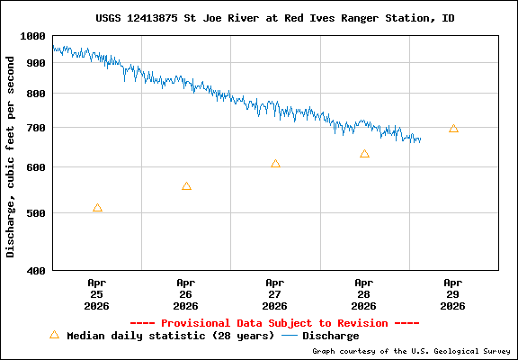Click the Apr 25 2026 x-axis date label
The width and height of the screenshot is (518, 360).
tap(97, 293)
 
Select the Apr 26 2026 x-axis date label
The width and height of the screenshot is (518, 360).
tap(186, 293)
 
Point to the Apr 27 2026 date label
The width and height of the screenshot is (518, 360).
tap(275, 293)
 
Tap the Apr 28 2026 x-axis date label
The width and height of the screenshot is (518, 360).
tap(364, 293)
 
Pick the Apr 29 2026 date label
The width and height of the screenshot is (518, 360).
tap(453, 293)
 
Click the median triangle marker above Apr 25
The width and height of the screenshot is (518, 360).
tap(97, 208)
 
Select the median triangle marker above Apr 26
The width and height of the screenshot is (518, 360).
tap(186, 186)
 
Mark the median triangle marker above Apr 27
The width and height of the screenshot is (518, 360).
tap(275, 164)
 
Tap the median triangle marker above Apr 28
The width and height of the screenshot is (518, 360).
tap(364, 154)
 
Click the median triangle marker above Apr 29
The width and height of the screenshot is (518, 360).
tap(453, 129)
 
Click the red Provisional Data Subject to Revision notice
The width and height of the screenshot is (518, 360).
tap(274, 322)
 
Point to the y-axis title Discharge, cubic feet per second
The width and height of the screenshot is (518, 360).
tap(11, 157)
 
